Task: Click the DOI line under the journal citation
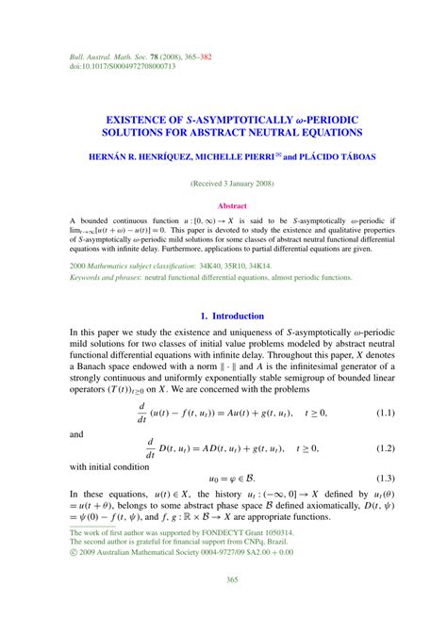pyautogui.click(x=123, y=67)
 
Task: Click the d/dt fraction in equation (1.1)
pyautogui.click(x=142, y=413)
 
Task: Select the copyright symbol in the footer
pyautogui.click(x=74, y=553)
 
